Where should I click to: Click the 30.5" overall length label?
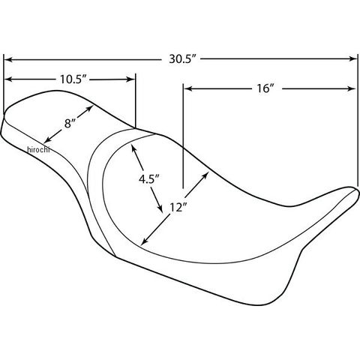(x=181, y=59)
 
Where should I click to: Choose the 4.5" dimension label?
(x=149, y=179)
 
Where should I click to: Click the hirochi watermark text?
(x=38, y=149)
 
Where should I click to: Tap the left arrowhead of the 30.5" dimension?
(x=8, y=60)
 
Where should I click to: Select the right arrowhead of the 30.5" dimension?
(x=353, y=59)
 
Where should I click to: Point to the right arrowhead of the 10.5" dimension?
(x=130, y=79)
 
